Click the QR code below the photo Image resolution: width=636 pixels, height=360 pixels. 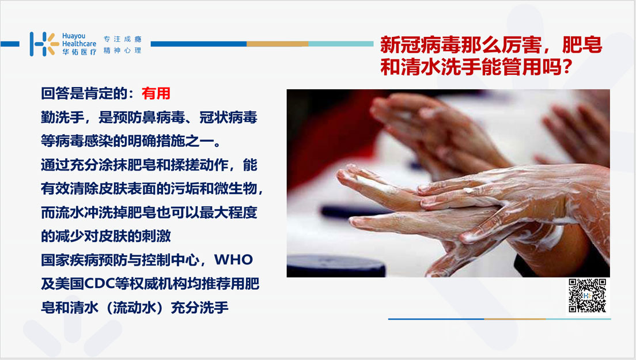588,295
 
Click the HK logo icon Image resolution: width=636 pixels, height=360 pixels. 44,44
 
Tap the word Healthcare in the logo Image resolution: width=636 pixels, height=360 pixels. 79,44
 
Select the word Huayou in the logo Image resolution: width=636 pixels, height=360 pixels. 73,36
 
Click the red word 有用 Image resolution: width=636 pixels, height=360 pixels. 156,94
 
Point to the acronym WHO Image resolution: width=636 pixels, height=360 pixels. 233,260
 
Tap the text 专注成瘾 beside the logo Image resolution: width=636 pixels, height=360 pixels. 122,39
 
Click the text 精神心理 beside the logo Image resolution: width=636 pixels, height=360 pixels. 122,50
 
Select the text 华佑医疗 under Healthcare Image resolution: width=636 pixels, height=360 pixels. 79,52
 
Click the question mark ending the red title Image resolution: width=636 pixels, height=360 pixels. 567,66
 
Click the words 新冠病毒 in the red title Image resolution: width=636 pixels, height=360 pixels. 420,45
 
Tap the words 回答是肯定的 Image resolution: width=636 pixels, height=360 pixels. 84,94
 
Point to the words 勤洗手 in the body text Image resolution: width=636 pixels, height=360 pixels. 62,118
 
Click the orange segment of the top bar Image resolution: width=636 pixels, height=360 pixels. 278,44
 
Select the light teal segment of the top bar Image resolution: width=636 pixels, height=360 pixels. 340,44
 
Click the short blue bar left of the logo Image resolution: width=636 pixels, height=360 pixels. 10,44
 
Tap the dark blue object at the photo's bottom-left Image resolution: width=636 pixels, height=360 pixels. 336,266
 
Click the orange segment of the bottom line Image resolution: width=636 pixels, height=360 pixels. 514,319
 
